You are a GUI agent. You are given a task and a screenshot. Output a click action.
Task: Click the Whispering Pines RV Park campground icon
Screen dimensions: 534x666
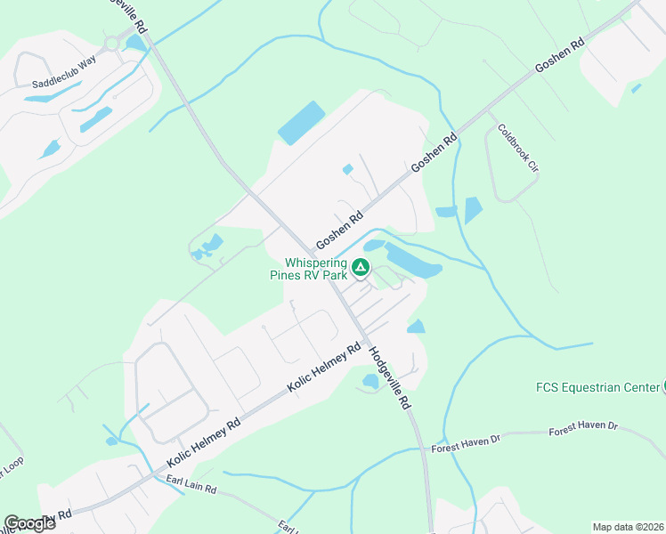coord(361,266)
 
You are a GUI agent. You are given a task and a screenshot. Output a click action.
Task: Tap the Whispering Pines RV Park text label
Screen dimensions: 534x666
coord(316,269)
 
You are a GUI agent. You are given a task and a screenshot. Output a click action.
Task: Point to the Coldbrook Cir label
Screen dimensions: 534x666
coord(518,147)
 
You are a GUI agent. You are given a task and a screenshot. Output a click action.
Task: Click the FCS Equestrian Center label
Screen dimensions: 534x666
coord(597,387)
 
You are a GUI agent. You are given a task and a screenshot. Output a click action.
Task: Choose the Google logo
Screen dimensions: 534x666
coord(29,523)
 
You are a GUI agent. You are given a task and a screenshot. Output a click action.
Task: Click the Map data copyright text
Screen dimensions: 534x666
coord(628,527)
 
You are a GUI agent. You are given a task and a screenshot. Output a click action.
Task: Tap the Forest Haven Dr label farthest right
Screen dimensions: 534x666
coord(583,427)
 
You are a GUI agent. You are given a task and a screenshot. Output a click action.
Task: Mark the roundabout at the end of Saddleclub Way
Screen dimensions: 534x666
coord(112,42)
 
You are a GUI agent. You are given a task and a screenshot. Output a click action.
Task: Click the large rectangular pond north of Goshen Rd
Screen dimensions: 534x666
coord(301,123)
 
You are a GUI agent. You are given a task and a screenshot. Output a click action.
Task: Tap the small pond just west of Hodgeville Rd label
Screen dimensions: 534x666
coord(370,382)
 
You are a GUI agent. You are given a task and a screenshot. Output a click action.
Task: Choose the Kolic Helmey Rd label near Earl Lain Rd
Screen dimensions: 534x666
coord(204,441)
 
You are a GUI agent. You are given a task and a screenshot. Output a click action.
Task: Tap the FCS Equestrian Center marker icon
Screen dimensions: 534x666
coord(663,386)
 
